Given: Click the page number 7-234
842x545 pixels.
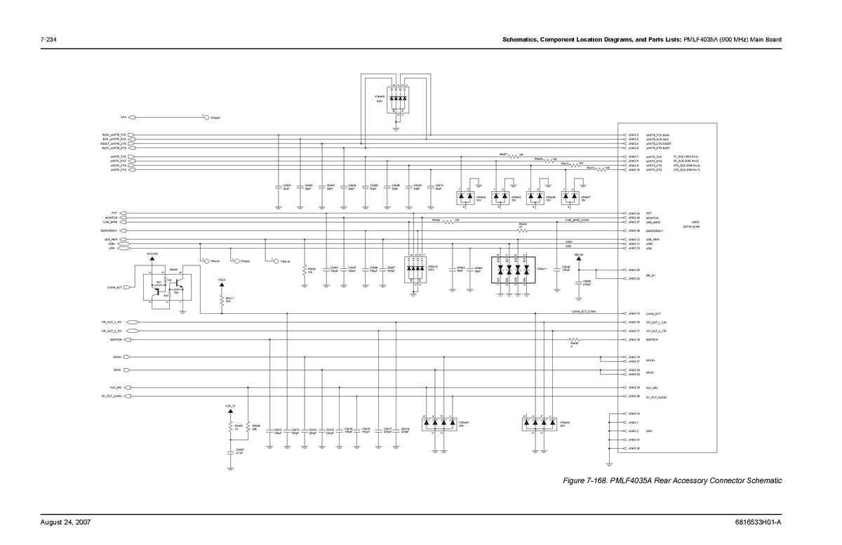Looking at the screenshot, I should coord(48,39).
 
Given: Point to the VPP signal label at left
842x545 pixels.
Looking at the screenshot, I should coord(123,117).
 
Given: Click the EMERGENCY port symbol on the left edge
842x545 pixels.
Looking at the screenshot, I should coord(131,230).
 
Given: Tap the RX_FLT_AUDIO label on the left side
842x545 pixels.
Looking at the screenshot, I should coord(112,397).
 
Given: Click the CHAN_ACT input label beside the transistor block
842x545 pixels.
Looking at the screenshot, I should coord(115,287).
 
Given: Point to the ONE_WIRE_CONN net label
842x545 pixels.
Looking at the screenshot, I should coord(577,220).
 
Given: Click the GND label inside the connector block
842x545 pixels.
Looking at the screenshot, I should coord(649,431).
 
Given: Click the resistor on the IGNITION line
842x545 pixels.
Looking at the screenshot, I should coord(574,340).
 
